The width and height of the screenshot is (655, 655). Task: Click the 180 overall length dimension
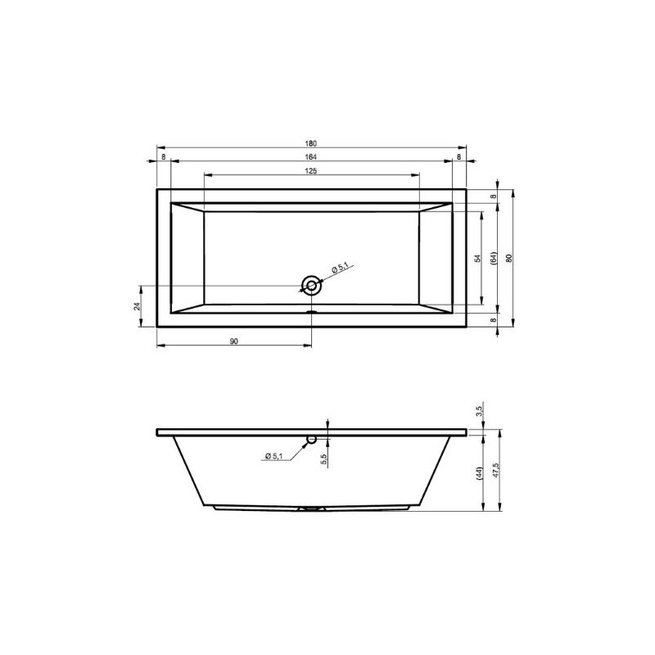pos(311,143)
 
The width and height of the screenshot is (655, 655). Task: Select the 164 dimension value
pos(311,157)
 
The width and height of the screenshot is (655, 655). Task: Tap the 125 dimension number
pos(311,171)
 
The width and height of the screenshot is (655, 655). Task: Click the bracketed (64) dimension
pos(494,258)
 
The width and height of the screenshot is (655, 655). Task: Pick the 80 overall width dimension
pos(509,258)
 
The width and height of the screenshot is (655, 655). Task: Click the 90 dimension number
pos(233,341)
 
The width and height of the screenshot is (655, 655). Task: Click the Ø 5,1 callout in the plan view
pos(341,268)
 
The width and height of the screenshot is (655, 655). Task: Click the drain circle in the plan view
pos(311,285)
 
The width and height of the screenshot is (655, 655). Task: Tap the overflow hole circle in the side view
pos(311,440)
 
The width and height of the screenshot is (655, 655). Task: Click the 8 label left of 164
pos(163,157)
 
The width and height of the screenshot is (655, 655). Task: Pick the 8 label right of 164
pos(458,157)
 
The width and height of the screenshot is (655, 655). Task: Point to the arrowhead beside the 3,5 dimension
pos(482,424)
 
